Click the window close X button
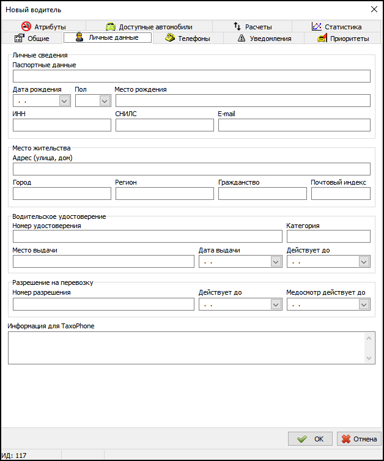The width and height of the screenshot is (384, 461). pyautogui.click(x=374, y=9)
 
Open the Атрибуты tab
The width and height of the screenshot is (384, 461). pyautogui.click(x=43, y=26)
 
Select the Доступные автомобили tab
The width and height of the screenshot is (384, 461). pyautogui.click(x=149, y=26)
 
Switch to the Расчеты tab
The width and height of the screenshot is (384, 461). pyautogui.click(x=253, y=26)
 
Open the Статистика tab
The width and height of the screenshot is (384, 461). pyautogui.click(x=336, y=26)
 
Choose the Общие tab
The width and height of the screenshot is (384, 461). pyautogui.click(x=34, y=38)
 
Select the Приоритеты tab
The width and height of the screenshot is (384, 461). pyautogui.click(x=343, y=38)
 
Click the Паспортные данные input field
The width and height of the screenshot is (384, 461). pyautogui.click(x=191, y=76)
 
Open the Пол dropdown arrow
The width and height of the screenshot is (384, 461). pyautogui.click(x=105, y=101)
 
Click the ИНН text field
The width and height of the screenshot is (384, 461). pyautogui.click(x=62, y=125)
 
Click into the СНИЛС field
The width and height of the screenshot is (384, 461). pyautogui.click(x=164, y=125)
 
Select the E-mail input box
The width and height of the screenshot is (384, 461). pyautogui.click(x=294, y=125)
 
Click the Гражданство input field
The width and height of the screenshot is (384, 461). pyautogui.click(x=262, y=193)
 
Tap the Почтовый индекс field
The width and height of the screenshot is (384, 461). pyautogui.click(x=341, y=193)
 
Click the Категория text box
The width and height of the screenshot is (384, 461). pyautogui.click(x=328, y=236)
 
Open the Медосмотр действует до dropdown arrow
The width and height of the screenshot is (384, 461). pyautogui.click(x=364, y=304)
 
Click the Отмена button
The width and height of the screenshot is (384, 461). pyautogui.click(x=359, y=438)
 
